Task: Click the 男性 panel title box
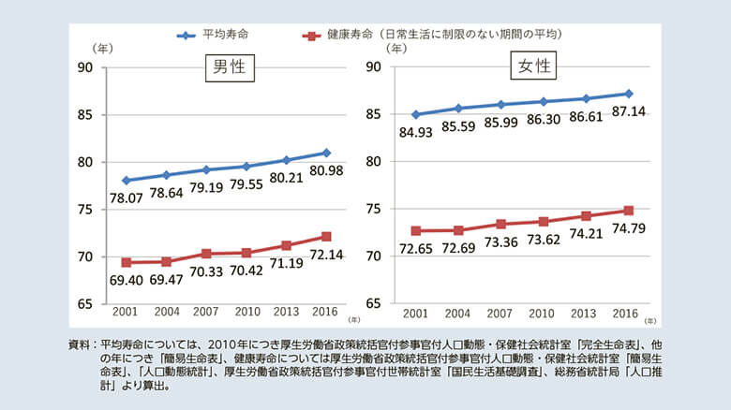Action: click(231, 67)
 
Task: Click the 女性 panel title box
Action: click(533, 67)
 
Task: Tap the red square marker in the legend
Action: click(310, 35)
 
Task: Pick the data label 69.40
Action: click(126, 280)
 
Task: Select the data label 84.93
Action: click(417, 131)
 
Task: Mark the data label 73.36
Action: click(501, 242)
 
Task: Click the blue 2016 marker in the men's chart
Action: click(325, 152)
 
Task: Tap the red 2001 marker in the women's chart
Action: click(415, 230)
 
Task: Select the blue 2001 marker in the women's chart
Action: click(415, 114)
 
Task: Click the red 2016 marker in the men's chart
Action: click(325, 236)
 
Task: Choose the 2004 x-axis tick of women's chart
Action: click(457, 311)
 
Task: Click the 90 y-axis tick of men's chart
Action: click(85, 67)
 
